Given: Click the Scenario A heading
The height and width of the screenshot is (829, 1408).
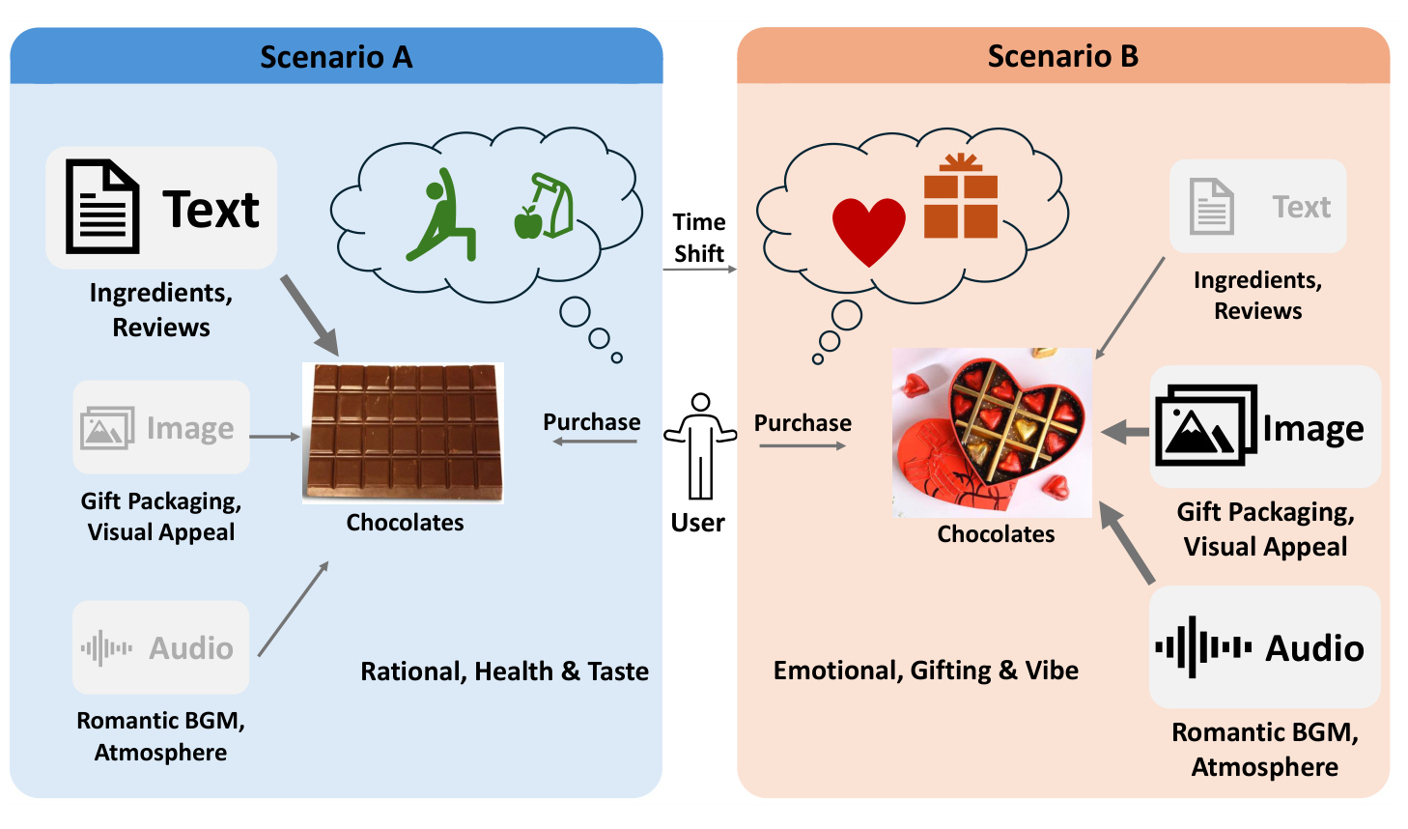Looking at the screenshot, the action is [336, 57].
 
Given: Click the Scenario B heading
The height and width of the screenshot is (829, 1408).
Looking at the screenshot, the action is [1063, 56].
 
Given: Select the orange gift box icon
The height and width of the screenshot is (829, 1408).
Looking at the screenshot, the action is [961, 196].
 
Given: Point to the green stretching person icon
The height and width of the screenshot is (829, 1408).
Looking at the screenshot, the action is [440, 214].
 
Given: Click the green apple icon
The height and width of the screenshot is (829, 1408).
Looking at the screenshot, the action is [528, 222].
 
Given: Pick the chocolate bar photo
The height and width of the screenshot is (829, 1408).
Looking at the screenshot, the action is [403, 433].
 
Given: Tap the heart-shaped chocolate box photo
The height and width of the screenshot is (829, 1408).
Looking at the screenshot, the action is [992, 433].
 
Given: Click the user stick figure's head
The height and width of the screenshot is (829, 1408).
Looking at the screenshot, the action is [700, 402].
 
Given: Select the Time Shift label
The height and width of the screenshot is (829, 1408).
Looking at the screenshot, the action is [699, 238].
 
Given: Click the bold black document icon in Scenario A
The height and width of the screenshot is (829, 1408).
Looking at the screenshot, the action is [102, 207].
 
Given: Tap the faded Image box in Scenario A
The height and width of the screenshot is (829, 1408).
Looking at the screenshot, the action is [161, 427].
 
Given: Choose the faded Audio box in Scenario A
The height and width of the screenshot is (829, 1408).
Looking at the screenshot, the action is [161, 647].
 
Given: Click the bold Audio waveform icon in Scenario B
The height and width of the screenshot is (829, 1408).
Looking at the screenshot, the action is [1203, 647].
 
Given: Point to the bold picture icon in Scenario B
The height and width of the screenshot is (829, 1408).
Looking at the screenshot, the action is [1206, 425].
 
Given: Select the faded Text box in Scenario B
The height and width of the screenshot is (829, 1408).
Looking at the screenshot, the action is [1257, 207].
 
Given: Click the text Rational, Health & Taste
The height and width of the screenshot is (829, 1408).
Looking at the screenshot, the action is [504, 672].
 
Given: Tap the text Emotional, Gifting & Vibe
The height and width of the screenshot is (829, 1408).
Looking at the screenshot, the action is [926, 671].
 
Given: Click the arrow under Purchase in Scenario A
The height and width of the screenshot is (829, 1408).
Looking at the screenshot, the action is [595, 442].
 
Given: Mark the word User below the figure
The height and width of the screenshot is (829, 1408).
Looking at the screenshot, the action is [697, 523].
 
